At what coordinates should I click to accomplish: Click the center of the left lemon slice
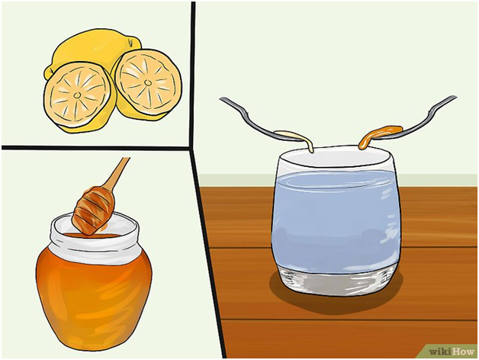77,95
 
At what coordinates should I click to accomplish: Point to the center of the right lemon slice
148,82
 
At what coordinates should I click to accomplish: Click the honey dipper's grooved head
93,211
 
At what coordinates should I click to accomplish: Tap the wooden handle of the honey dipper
117,172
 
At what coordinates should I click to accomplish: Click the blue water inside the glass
336,220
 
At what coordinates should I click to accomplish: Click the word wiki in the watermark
440,352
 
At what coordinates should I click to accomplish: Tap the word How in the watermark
462,352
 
